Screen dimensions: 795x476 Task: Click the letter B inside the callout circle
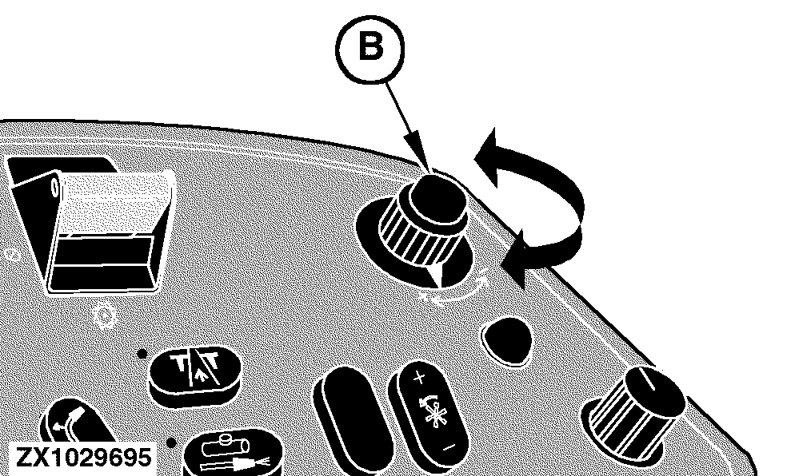[370, 47]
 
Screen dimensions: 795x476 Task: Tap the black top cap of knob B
[437, 199]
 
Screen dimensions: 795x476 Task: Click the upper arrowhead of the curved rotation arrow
[487, 157]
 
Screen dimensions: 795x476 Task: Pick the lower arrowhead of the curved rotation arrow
[513, 258]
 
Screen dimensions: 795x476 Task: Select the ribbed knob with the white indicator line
[636, 416]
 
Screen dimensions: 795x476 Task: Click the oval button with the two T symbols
[195, 374]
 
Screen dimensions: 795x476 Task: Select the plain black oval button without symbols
[354, 415]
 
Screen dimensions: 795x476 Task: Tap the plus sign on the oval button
[419, 377]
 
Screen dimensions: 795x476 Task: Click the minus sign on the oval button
[449, 446]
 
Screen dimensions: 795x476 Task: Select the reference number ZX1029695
[84, 458]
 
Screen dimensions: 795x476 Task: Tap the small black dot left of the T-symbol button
[142, 354]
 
